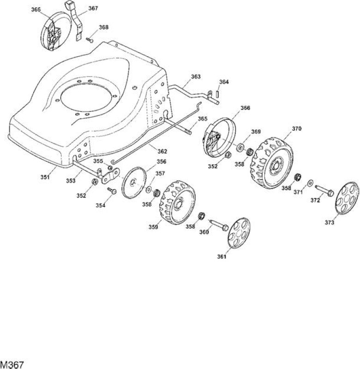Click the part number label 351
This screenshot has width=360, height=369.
click(x=45, y=177)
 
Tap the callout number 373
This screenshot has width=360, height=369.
click(x=330, y=222)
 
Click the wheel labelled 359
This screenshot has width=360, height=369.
click(x=178, y=202)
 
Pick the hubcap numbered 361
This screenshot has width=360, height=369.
click(x=239, y=232)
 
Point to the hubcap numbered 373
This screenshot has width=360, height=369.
click(x=347, y=198)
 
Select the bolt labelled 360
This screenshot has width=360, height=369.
click(x=219, y=225)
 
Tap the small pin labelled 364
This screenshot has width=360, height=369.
click(x=217, y=94)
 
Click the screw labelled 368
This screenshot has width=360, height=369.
click(x=90, y=40)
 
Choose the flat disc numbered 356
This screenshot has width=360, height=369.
click(x=134, y=182)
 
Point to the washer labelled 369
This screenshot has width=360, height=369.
click(x=240, y=148)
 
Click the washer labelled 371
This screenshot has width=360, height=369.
click(x=310, y=183)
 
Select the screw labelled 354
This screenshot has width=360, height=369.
click(x=112, y=191)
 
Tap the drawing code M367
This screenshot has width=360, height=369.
click(x=12, y=364)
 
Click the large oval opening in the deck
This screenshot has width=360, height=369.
click(x=88, y=98)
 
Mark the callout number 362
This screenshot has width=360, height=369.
click(x=162, y=151)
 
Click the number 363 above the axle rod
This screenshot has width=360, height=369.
click(x=195, y=77)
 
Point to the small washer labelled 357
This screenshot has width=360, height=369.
click(x=149, y=190)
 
